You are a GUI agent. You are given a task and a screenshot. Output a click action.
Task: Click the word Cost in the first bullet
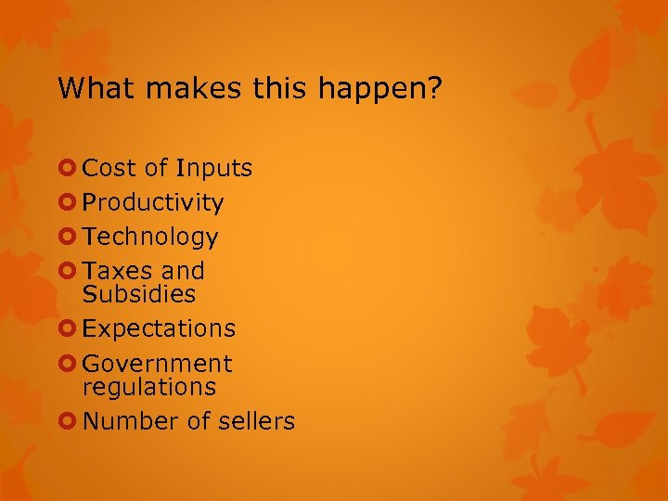click(x=109, y=169)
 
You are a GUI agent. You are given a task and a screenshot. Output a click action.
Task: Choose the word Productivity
click(x=153, y=203)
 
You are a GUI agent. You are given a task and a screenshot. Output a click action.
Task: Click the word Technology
click(x=150, y=238)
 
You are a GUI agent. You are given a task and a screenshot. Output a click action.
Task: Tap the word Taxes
click(x=115, y=272)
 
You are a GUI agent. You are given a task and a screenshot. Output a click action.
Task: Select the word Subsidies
click(x=139, y=295)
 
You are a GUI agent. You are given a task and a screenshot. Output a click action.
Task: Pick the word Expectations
click(x=159, y=329)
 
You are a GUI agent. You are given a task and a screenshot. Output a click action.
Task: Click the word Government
click(x=157, y=364)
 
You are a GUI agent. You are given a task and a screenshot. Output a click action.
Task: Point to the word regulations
click(x=148, y=387)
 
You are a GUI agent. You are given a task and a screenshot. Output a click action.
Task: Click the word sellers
click(x=256, y=421)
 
